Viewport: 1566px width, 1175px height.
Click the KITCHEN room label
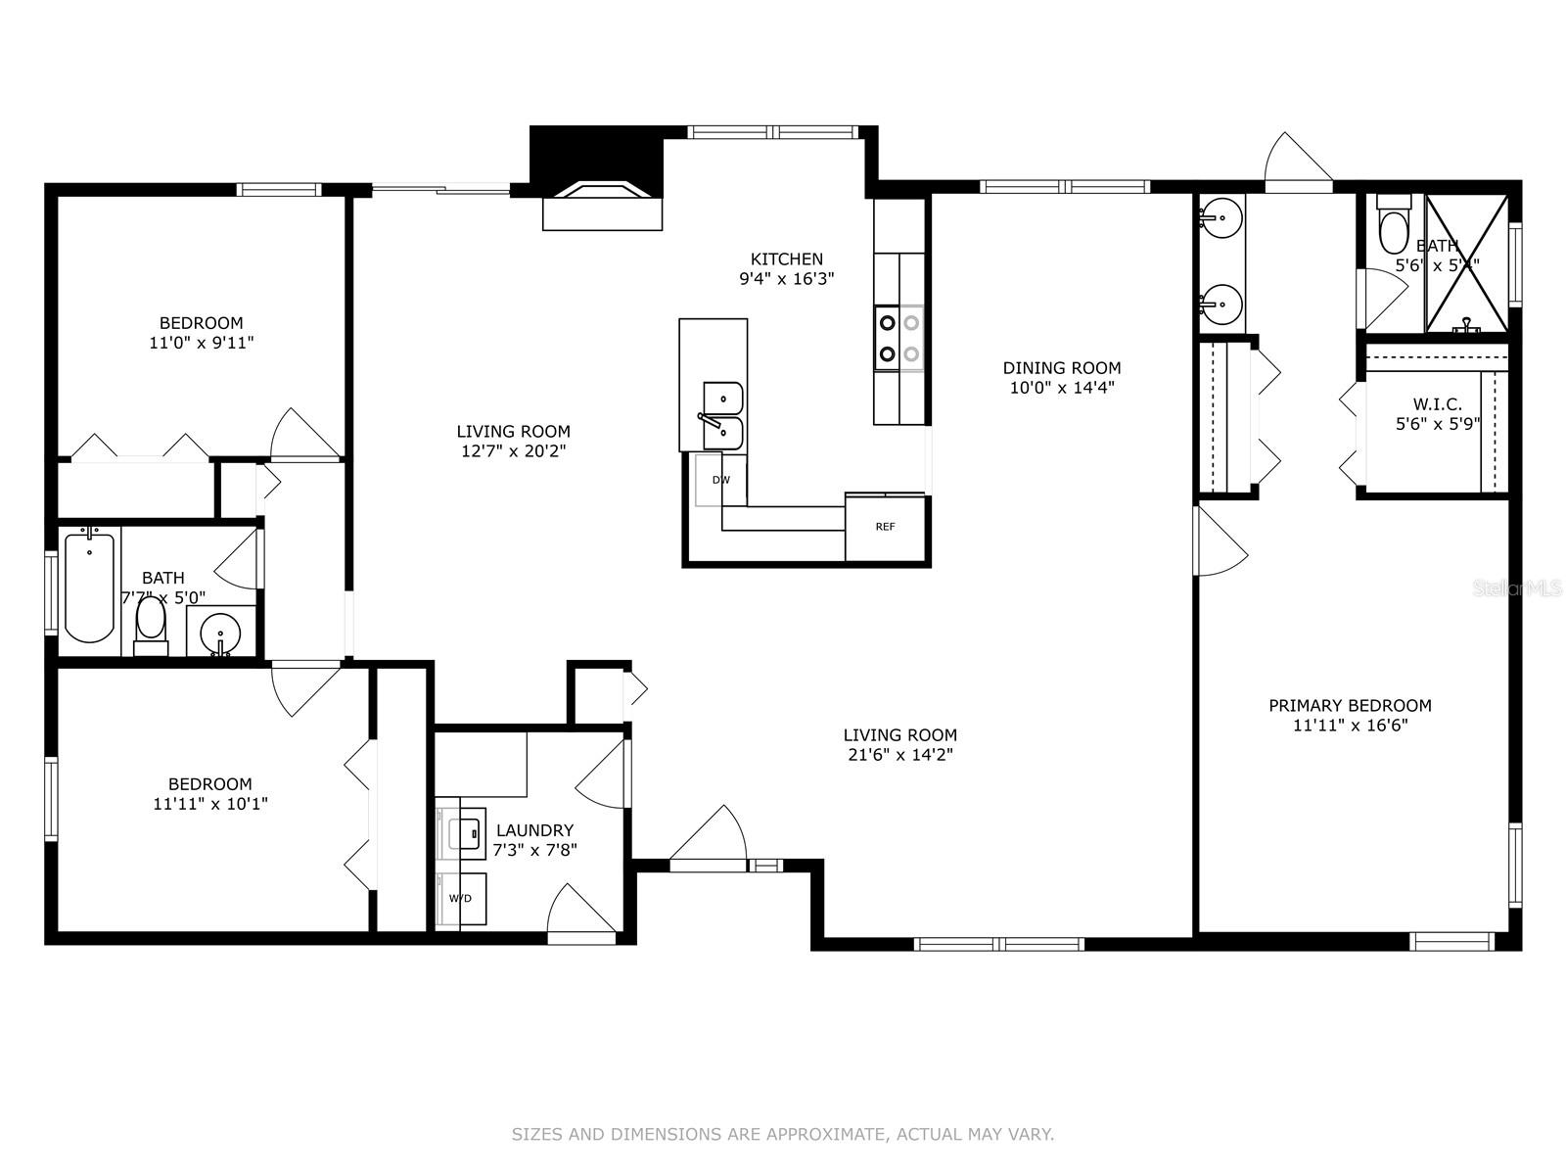(786, 259)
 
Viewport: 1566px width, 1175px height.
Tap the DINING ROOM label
(1061, 368)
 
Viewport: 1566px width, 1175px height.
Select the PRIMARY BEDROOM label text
(1350, 706)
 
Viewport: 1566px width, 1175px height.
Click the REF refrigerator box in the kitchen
(885, 527)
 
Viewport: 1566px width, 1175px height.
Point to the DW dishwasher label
(720, 480)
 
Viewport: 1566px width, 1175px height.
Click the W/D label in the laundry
(460, 898)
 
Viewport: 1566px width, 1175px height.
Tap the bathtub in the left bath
(89, 586)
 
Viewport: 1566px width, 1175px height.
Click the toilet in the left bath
(151, 625)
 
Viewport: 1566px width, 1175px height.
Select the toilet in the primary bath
(1392, 226)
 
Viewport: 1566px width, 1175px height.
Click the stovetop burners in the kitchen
(898, 338)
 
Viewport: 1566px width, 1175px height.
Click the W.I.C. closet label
(1437, 404)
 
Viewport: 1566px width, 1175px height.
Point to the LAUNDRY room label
(534, 830)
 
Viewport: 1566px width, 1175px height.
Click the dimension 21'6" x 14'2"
(899, 755)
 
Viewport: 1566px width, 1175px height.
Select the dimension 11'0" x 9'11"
(201, 343)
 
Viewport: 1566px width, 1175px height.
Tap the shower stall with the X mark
(1465, 262)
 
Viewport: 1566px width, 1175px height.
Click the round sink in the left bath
(221, 632)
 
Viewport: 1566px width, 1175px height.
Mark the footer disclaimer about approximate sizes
(782, 1135)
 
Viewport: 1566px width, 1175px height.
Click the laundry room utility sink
(467, 833)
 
